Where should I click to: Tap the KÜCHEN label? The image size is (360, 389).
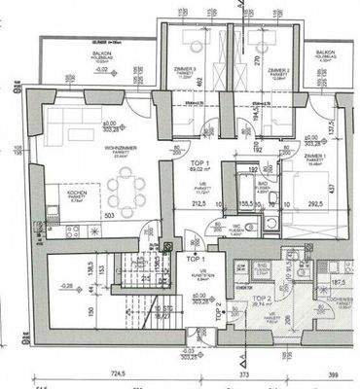pyautogui.click(x=76, y=193)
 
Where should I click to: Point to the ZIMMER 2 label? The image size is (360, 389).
pyautogui.click(x=278, y=71)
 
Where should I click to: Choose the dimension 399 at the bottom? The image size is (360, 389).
pyautogui.click(x=334, y=372)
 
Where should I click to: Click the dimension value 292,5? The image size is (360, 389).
pyautogui.click(x=316, y=206)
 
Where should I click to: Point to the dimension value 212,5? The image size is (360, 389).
pyautogui.click(x=198, y=206)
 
